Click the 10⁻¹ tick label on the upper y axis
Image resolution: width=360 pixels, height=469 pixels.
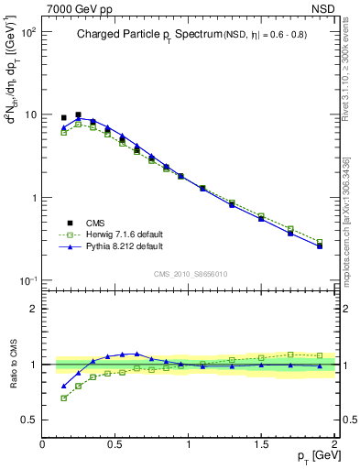coord(28,280)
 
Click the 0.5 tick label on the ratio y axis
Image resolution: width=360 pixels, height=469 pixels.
coord(29,420)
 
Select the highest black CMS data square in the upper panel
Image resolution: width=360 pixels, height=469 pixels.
coord(78,115)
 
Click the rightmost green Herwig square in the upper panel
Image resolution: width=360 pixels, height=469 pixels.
coord(320,242)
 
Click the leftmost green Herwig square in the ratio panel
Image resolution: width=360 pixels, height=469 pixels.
coord(63,398)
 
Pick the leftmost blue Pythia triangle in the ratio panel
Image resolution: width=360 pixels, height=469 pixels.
coord(63,386)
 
